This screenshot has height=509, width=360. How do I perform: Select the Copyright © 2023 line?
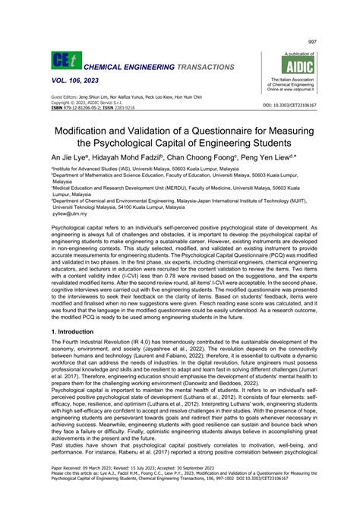pos(89,103)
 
